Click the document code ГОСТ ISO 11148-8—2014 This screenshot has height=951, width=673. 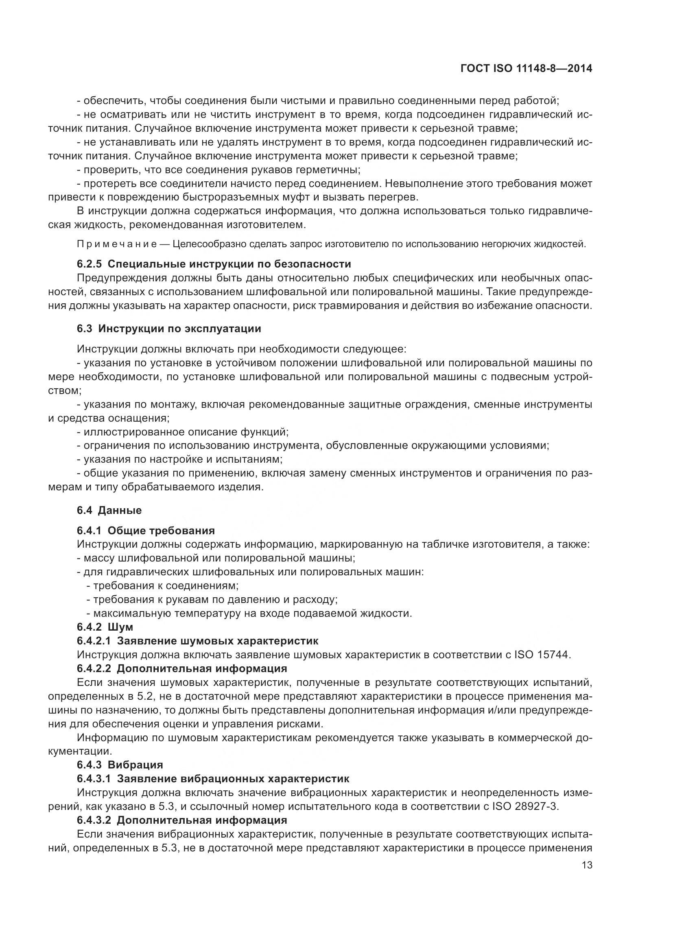[x=526, y=69]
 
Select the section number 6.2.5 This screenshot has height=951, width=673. [x=90, y=264]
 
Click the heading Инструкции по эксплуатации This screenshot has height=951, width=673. [x=179, y=329]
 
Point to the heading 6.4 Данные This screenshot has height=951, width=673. [x=109, y=510]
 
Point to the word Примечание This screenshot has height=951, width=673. [x=116, y=244]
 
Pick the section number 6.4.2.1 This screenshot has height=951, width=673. [x=94, y=641]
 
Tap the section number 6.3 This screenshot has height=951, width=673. [x=85, y=329]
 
